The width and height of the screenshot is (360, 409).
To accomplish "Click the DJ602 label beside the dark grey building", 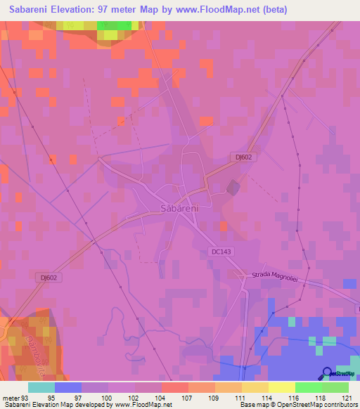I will click(x=241, y=157).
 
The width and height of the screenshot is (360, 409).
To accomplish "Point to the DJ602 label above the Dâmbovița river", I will click(x=47, y=278).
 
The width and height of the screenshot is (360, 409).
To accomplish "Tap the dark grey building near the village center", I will click(x=232, y=187).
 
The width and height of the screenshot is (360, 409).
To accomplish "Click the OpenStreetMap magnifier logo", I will click(x=327, y=373).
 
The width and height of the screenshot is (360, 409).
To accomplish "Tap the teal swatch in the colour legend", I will click(x=41, y=387).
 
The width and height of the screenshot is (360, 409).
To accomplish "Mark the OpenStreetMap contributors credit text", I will click(x=316, y=405).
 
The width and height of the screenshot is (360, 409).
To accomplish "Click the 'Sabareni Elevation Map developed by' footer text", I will click(x=56, y=405).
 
